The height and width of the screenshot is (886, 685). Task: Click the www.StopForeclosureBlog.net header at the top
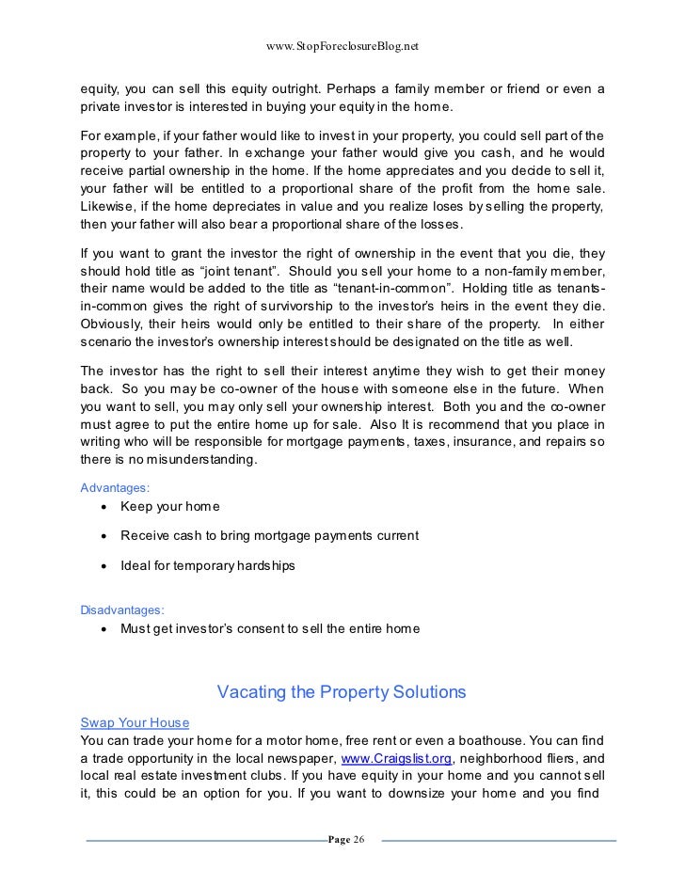342,45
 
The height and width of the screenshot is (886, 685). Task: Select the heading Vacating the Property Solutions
342,693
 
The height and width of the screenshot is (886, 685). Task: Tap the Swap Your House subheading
135,721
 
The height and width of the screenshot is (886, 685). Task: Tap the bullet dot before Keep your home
102,508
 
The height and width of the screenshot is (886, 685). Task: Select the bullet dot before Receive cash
102,536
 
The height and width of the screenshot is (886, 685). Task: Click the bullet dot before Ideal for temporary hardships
102,565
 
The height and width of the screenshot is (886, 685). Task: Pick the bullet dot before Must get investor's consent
102,629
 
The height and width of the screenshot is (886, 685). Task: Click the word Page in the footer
337,839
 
